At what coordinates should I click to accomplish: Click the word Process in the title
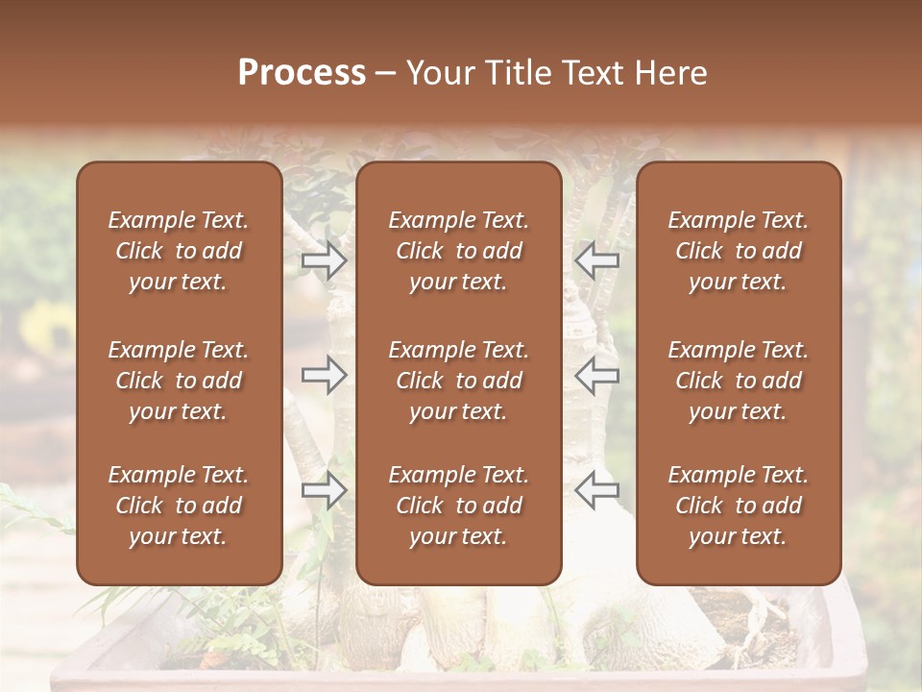click(x=302, y=73)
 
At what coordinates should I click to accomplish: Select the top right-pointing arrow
click(x=325, y=260)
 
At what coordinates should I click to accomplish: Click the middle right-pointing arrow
click(x=325, y=374)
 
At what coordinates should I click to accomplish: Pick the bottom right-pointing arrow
click(x=325, y=489)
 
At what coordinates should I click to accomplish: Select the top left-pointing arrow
click(x=596, y=260)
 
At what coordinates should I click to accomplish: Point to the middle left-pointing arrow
click(x=596, y=374)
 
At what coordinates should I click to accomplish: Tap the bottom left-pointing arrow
click(x=596, y=489)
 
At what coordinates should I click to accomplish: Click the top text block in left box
click(x=179, y=251)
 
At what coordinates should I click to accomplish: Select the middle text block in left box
click(x=179, y=381)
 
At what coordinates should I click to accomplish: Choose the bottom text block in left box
click(x=179, y=506)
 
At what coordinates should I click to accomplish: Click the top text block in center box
click(x=459, y=251)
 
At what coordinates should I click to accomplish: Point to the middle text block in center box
click(x=459, y=381)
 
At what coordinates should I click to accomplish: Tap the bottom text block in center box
click(x=459, y=506)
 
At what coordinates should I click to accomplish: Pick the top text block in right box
click(x=739, y=251)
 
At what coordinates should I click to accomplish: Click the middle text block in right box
click(x=739, y=381)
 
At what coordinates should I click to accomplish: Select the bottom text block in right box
click(x=739, y=506)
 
